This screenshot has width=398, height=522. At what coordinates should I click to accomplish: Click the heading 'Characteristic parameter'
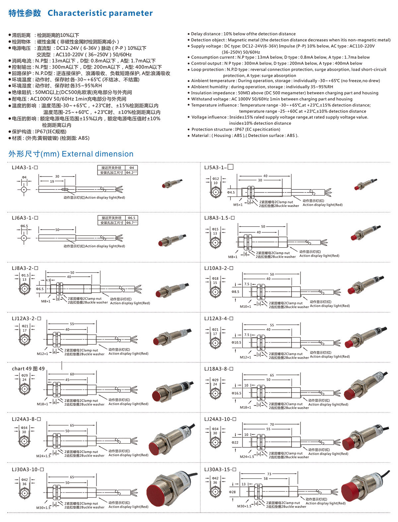point(100,13)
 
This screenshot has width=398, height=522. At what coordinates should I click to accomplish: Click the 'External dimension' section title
point(98,154)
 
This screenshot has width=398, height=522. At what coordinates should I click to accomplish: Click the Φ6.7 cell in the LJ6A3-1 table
point(131,223)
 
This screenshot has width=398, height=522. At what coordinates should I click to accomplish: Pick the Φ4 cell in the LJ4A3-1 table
point(131,168)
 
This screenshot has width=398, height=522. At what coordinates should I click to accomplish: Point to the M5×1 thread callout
point(238,205)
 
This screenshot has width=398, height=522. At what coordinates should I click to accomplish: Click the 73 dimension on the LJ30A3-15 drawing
point(269,474)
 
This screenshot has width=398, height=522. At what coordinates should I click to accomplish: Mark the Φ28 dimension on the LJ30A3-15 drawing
point(232,492)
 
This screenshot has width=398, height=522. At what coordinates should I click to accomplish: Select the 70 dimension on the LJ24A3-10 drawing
point(272,424)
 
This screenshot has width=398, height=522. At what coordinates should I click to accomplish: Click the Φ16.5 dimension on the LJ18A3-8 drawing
point(236,393)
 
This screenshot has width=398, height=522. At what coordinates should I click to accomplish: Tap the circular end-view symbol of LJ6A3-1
point(24,238)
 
